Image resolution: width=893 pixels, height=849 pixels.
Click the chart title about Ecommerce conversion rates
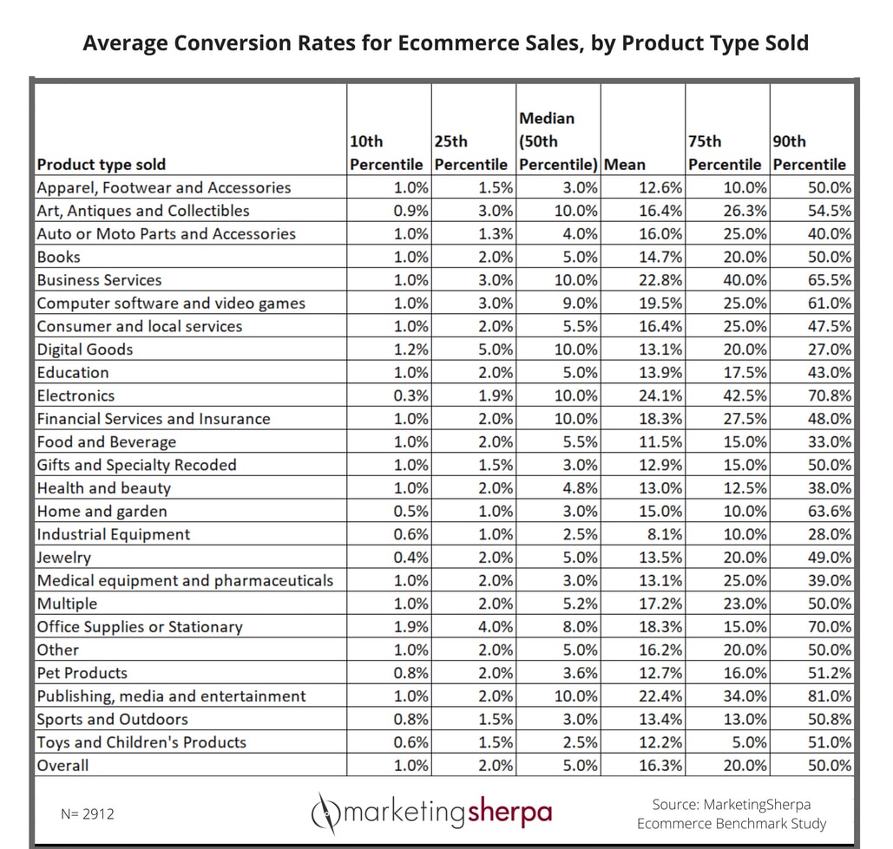pos(445,42)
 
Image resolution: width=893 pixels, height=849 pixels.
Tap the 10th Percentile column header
pos(386,153)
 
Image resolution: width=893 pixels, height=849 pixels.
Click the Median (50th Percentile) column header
pos(557,140)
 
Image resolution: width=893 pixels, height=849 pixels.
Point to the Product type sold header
pos(101,164)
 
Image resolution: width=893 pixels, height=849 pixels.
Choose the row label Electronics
pos(76,395)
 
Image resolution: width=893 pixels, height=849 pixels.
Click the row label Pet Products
pos(82,673)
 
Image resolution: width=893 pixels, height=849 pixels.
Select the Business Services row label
pos(99,280)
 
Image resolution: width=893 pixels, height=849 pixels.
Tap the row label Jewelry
pos(63,558)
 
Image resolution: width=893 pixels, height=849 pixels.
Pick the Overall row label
pos(62,765)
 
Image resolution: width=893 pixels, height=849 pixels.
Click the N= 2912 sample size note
pos(88,813)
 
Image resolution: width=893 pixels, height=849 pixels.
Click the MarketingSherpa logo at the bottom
pos(431,813)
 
